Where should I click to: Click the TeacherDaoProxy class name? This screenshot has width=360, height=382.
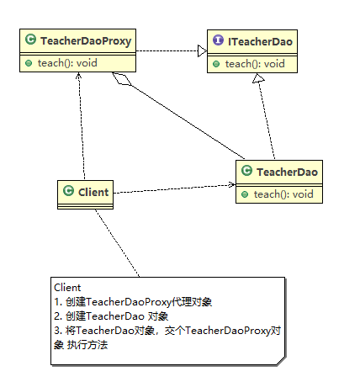(86, 41)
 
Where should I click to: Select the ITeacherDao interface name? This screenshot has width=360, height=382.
(260, 42)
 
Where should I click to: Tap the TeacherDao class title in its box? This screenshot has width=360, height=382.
(287, 172)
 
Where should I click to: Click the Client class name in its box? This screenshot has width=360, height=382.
(93, 192)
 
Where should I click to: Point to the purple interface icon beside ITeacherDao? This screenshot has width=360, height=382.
(218, 40)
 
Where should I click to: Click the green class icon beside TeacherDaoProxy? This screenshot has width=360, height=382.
(31, 40)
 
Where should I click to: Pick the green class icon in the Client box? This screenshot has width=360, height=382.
(68, 191)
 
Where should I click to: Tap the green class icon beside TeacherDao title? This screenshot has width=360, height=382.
(246, 170)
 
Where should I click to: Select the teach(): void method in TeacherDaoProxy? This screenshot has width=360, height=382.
(67, 63)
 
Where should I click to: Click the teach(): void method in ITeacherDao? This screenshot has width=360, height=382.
(255, 64)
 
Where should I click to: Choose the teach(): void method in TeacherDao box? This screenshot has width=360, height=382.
(283, 194)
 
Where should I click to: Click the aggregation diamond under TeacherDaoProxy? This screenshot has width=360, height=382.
(122, 78)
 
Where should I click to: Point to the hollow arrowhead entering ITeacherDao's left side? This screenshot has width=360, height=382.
(202, 50)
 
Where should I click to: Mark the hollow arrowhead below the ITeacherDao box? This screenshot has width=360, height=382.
(258, 78)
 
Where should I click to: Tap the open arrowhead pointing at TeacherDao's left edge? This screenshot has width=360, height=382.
(232, 184)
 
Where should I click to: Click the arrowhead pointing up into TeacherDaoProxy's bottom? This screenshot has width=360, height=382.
(79, 75)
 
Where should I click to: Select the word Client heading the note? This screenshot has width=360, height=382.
(67, 288)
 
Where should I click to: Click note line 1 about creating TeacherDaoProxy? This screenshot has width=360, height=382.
(133, 302)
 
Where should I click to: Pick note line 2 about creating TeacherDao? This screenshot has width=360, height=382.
(111, 316)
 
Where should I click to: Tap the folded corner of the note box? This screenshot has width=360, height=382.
(281, 361)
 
